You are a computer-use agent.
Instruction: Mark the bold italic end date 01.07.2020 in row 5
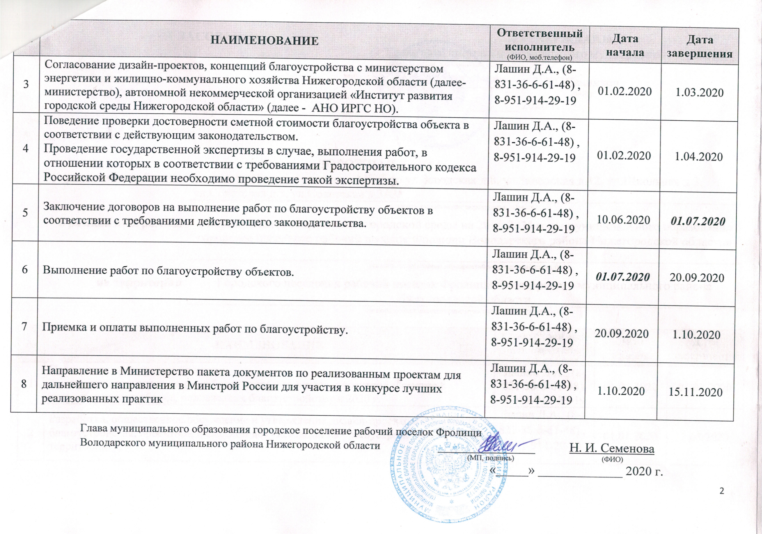click(696, 221)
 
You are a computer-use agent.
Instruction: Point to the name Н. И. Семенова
click(612, 449)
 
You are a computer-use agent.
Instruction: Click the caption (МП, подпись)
click(491, 458)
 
